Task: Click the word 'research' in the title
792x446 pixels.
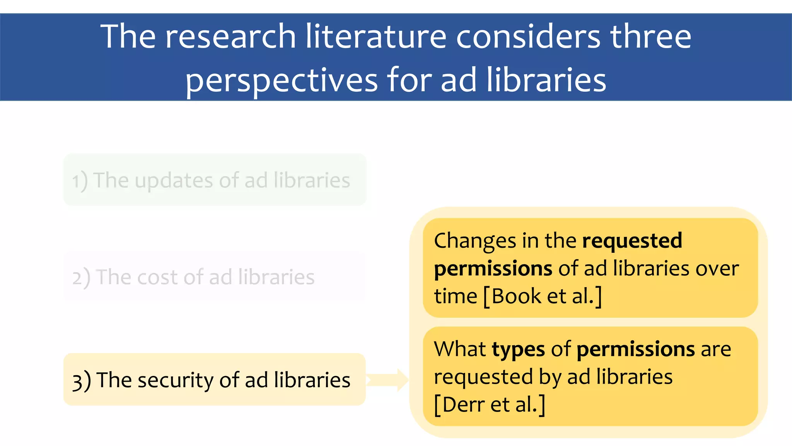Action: click(230, 36)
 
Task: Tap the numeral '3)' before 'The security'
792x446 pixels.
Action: click(81, 381)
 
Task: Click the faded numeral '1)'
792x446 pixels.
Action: click(80, 181)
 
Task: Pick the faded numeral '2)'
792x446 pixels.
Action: click(81, 278)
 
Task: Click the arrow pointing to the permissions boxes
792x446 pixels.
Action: click(387, 380)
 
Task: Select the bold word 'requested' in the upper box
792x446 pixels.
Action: click(632, 240)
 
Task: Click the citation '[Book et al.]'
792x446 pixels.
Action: click(543, 297)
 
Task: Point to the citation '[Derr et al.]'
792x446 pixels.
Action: click(489, 405)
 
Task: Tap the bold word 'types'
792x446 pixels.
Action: click(518, 350)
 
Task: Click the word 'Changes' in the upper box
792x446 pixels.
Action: click(475, 241)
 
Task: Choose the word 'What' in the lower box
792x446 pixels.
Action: click(459, 349)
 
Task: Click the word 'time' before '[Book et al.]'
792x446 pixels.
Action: click(455, 297)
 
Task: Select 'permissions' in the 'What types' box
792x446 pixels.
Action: click(635, 349)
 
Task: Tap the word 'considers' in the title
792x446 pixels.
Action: click(528, 36)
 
